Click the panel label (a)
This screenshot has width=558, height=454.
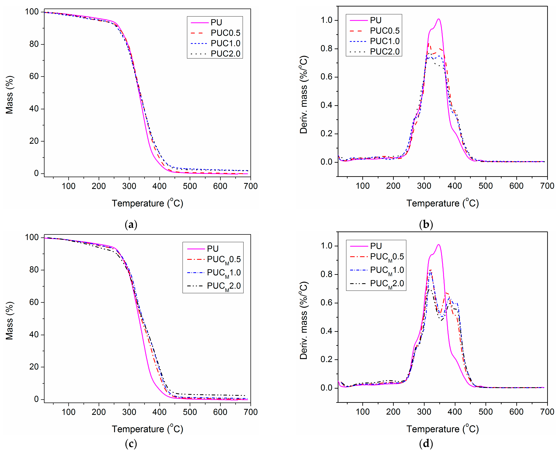[131, 225]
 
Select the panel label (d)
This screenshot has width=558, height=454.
[426, 444]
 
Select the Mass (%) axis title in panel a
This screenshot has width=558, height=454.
[9, 95]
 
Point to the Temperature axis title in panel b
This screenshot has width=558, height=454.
[442, 203]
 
